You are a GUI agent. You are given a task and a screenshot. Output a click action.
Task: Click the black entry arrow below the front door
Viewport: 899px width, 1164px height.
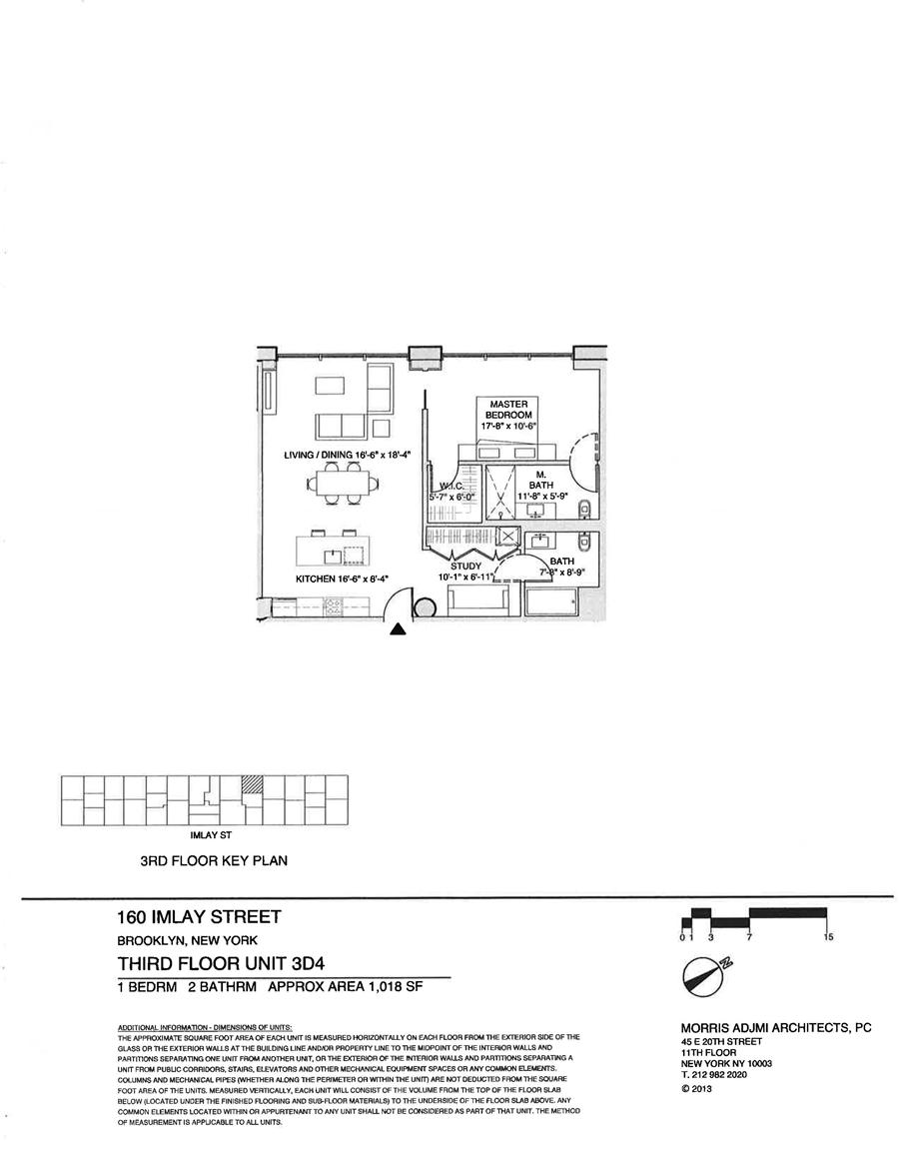point(398,628)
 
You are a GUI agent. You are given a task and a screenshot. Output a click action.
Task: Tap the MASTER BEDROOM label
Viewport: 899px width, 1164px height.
point(509,408)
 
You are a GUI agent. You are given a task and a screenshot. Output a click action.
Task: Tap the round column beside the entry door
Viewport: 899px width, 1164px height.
point(424,607)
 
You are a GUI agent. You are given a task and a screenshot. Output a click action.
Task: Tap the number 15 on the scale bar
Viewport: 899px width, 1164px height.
point(828,937)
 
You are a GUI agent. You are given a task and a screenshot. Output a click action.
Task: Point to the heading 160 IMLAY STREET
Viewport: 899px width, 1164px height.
point(199,916)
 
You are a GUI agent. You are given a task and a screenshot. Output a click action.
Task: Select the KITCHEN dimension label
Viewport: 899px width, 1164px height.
point(341,579)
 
